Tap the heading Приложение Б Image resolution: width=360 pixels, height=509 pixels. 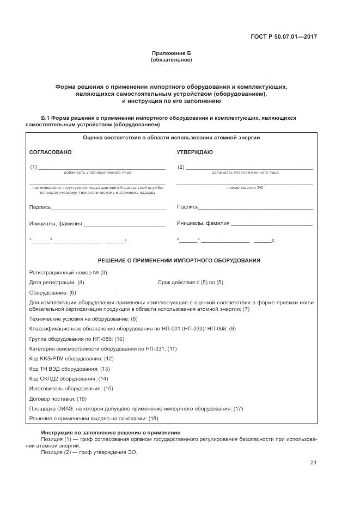coord(171,53)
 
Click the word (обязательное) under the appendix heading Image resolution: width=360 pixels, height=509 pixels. coord(171,59)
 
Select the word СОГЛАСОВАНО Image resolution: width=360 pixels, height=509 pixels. coord(50,152)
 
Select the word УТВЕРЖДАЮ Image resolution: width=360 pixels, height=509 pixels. coord(195,152)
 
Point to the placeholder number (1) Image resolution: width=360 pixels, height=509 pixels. coord(33,167)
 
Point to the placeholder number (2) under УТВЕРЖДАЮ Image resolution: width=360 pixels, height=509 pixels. coord(181,167)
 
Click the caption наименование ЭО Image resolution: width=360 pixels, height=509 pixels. coord(245,188)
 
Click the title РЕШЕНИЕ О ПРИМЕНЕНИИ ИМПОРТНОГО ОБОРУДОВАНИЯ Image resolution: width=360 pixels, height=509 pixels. coord(179,261)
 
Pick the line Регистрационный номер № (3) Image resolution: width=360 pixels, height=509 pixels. coord(68,272)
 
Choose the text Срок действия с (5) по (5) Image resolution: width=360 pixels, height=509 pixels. coord(190,283)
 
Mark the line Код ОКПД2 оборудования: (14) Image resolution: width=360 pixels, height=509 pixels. coord(69,378)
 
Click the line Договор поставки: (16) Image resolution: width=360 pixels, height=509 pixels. coord(58,398)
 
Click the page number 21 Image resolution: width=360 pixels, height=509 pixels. coord(313,463)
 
